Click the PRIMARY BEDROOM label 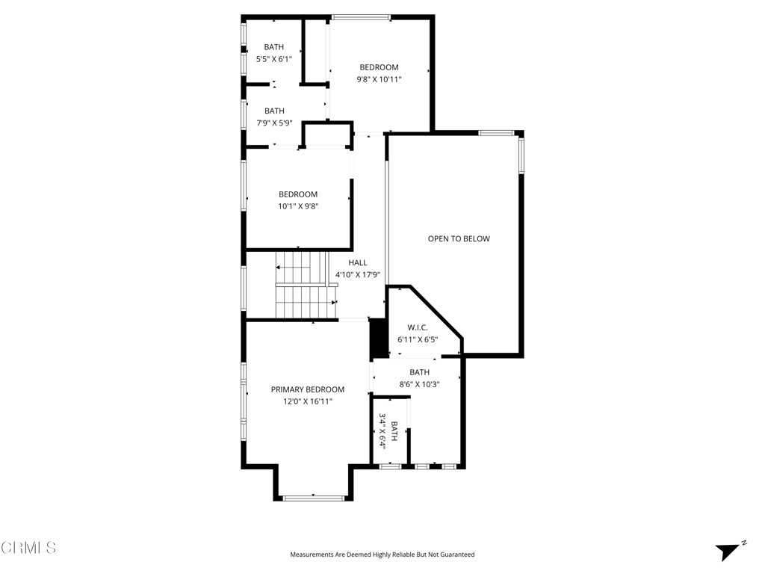click(307, 389)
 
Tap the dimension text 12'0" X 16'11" click(307, 401)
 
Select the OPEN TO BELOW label click(459, 239)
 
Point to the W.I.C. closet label click(417, 327)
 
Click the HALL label click(358, 263)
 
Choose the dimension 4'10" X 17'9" click(358, 275)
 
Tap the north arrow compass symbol click(728, 550)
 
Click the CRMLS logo click(28, 548)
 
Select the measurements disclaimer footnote click(382, 555)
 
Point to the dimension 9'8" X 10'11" click(379, 79)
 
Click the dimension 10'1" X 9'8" click(298, 206)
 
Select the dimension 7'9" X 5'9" click(274, 123)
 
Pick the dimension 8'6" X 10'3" click(419, 384)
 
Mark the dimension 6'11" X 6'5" click(417, 339)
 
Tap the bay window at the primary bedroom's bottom click(313, 497)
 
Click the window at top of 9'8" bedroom click(361, 16)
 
